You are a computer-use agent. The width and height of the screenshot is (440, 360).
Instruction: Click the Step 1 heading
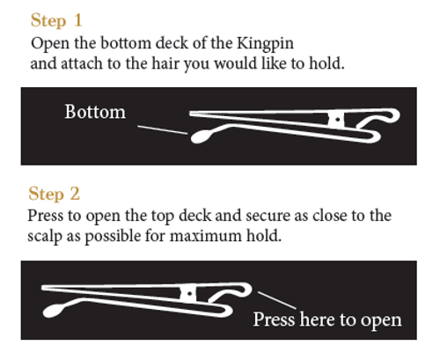tap(57, 19)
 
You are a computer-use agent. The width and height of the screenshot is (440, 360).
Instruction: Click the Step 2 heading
tap(56, 194)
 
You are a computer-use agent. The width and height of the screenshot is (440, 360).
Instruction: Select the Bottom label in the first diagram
tap(95, 113)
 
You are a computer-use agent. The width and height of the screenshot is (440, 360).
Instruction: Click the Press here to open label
tap(326, 319)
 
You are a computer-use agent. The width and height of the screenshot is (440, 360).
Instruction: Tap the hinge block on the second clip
tap(187, 292)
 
